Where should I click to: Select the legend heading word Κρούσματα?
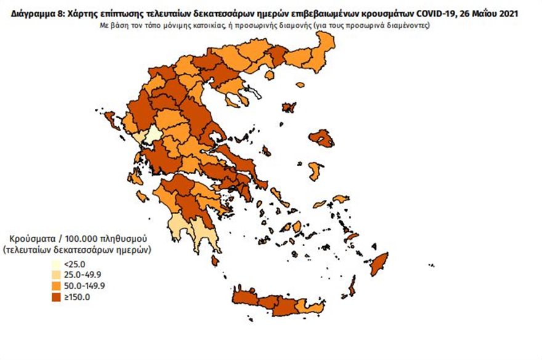click(31, 238)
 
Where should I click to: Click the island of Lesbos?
click(321, 138)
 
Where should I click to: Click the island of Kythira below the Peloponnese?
click(215, 261)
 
